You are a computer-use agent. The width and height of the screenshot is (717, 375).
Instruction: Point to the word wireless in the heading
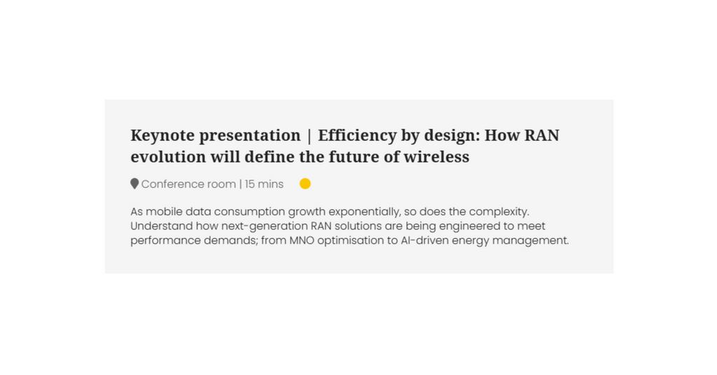pyautogui.click(x=436, y=156)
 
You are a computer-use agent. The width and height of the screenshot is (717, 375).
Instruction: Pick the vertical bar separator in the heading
pyautogui.click(x=309, y=136)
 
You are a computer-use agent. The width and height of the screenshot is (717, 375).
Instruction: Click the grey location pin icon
pyautogui.click(x=134, y=184)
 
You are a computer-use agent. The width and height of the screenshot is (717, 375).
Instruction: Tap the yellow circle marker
pyautogui.click(x=305, y=184)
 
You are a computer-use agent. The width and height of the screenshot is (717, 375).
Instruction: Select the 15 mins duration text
pyautogui.click(x=264, y=184)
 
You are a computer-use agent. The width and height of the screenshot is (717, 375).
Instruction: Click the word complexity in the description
pyautogui.click(x=499, y=212)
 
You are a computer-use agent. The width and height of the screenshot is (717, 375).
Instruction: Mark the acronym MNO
pyautogui.click(x=302, y=240)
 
